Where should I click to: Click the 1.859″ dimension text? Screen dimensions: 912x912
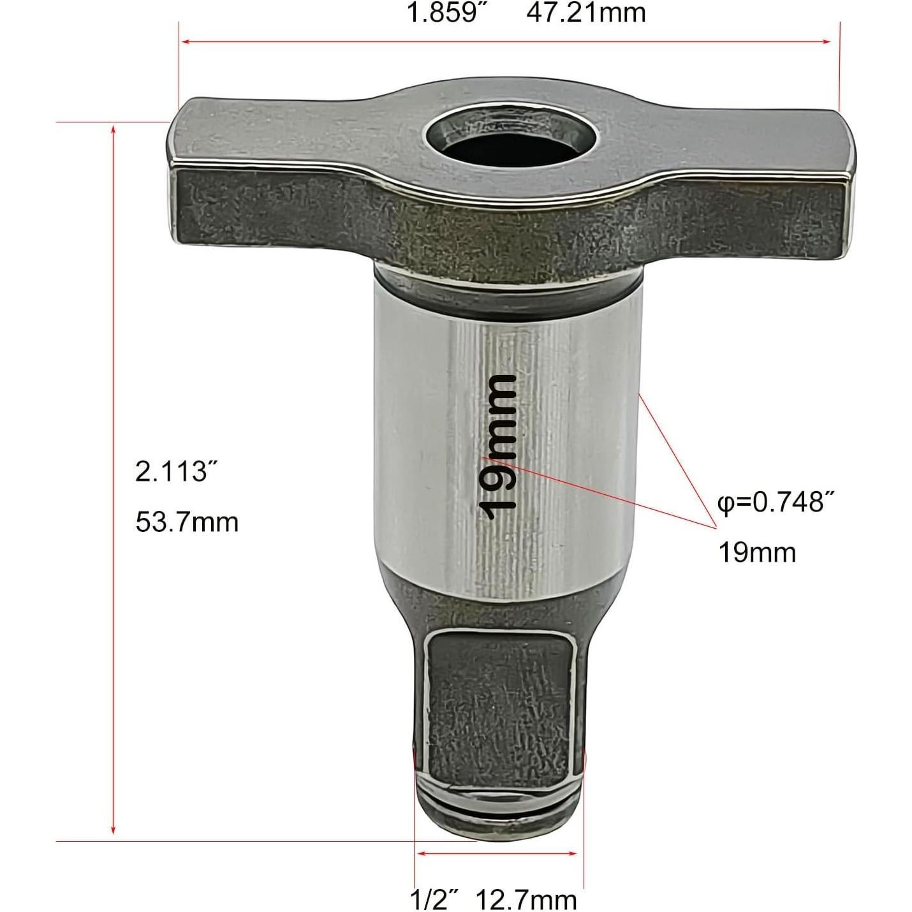(x=443, y=13)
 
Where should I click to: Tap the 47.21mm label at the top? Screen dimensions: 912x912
(x=586, y=13)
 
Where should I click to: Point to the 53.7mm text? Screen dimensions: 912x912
(x=187, y=522)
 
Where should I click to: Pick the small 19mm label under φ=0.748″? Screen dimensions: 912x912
(x=757, y=552)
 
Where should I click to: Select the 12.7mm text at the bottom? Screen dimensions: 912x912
(x=526, y=900)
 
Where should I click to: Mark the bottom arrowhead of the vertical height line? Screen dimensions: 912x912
(x=114, y=831)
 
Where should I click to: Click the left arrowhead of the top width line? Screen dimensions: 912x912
(x=185, y=42)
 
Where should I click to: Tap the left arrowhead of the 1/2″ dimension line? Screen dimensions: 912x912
(x=420, y=853)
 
